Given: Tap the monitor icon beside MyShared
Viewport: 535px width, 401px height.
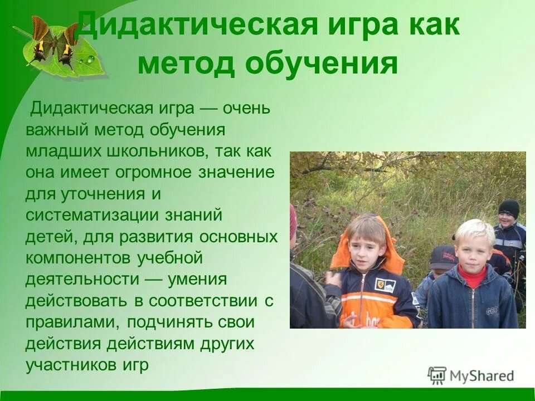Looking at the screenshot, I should pyautogui.click(x=437, y=376).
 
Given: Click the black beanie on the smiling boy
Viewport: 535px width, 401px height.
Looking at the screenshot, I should pyautogui.click(x=509, y=208).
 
